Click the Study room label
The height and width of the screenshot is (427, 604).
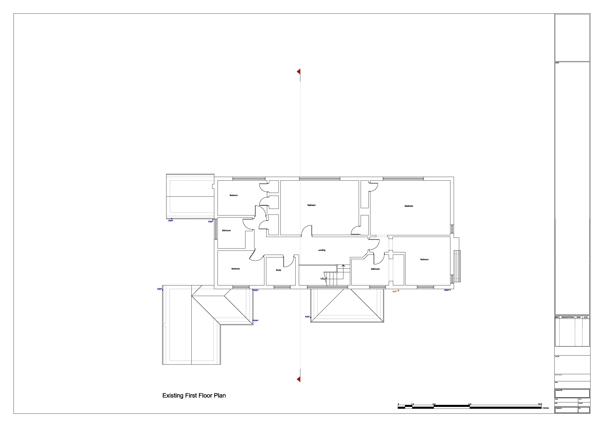click(x=278, y=270)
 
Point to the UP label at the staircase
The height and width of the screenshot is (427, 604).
click(x=322, y=278)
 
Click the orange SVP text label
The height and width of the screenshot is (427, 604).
click(x=394, y=292)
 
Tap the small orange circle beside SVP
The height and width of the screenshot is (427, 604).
click(x=398, y=291)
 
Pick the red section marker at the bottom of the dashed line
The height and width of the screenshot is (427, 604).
click(x=299, y=379)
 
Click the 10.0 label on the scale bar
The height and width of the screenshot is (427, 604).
click(x=540, y=404)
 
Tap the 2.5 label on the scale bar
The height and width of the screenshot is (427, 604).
click(x=434, y=404)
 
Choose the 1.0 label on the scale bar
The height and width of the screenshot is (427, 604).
click(x=412, y=404)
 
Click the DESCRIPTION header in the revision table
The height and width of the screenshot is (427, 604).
click(x=567, y=317)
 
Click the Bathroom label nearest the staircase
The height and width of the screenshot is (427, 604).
click(x=375, y=269)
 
